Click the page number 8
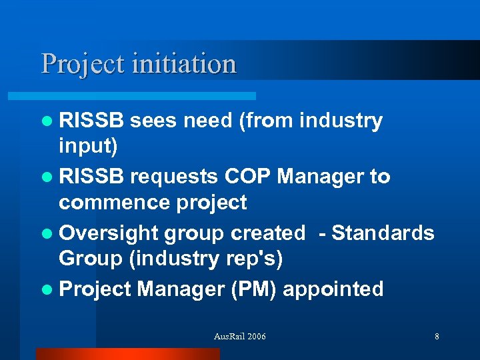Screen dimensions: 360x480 pyautogui.click(x=437, y=337)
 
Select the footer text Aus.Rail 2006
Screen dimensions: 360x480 pyautogui.click(x=239, y=337)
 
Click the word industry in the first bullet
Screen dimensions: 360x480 pyautogui.click(x=341, y=121)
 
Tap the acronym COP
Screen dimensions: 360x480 pyautogui.click(x=248, y=177)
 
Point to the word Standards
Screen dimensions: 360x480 pyautogui.click(x=383, y=233)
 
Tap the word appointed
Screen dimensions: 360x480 pyautogui.click(x=341, y=289)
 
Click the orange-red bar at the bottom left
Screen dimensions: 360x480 pyautogui.click(x=127, y=354)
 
